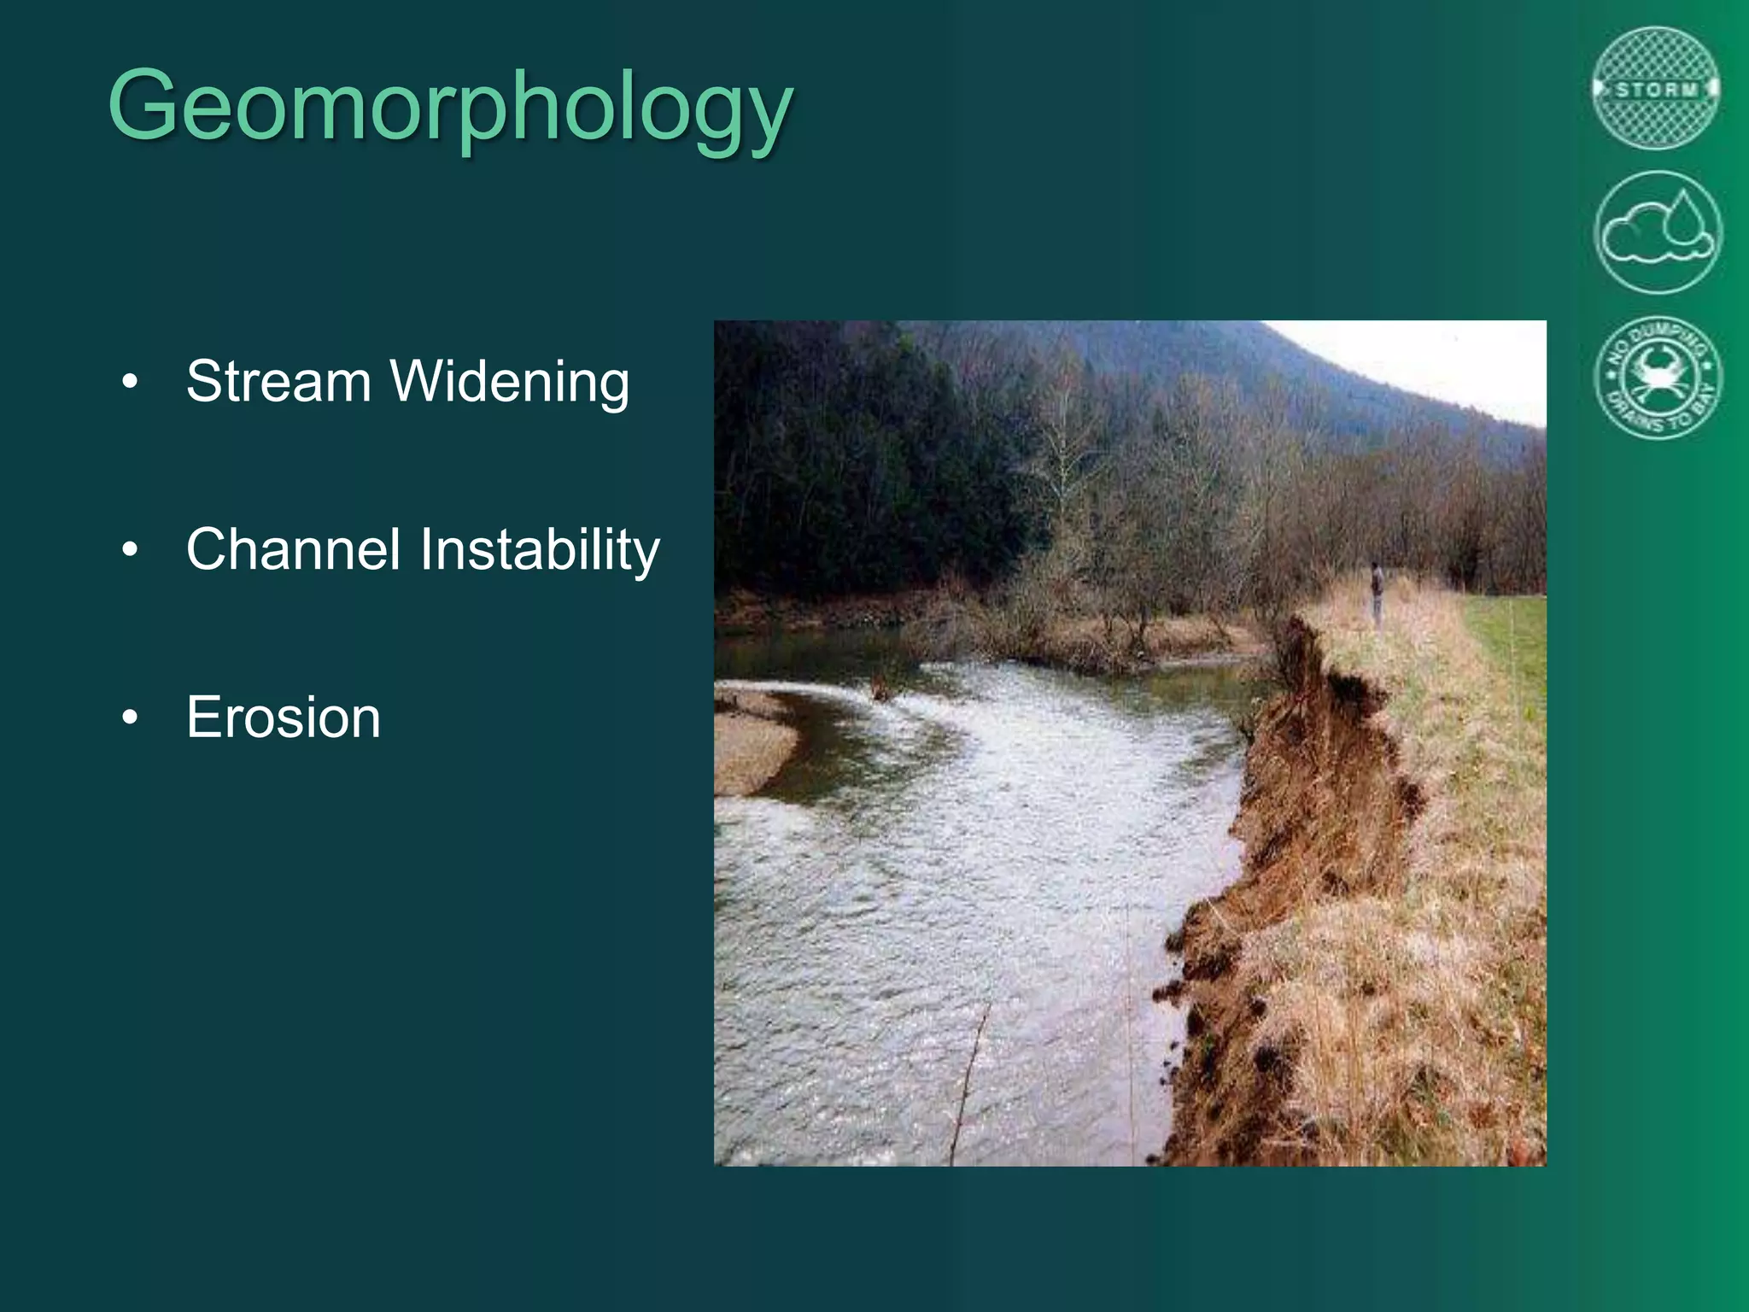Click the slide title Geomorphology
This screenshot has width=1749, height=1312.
tap(451, 106)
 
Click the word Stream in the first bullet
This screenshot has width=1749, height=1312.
tap(278, 381)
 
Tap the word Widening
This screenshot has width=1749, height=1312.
tap(510, 381)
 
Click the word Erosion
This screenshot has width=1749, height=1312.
tap(283, 717)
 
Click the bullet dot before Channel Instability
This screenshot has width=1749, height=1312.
tap(129, 550)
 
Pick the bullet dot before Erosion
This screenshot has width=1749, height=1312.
tap(129, 717)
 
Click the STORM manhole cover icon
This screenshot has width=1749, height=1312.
tap(1656, 89)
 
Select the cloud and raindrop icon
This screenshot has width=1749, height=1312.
tap(1658, 232)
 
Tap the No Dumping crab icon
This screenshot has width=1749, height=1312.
tap(1658, 377)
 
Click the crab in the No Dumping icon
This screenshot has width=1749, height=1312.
tap(1658, 375)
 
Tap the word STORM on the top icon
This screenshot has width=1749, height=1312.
tap(1656, 89)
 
